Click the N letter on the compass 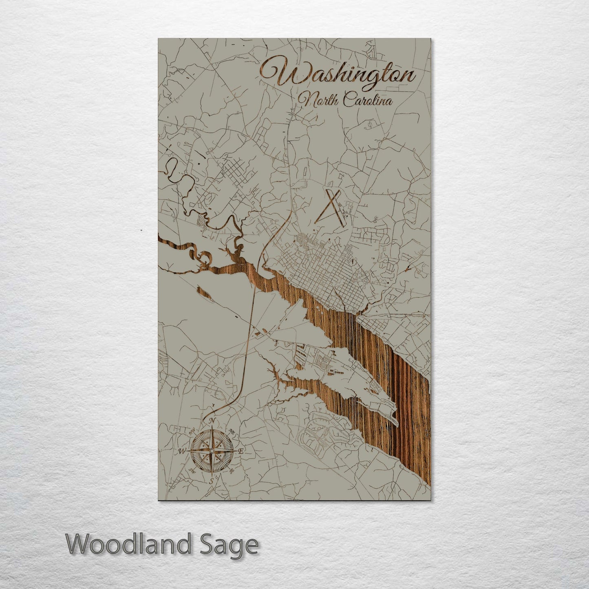tap(212, 421)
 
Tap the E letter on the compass tap(241, 452)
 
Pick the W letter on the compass tap(182, 451)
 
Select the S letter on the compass tap(212, 481)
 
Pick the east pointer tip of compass tap(236, 451)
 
